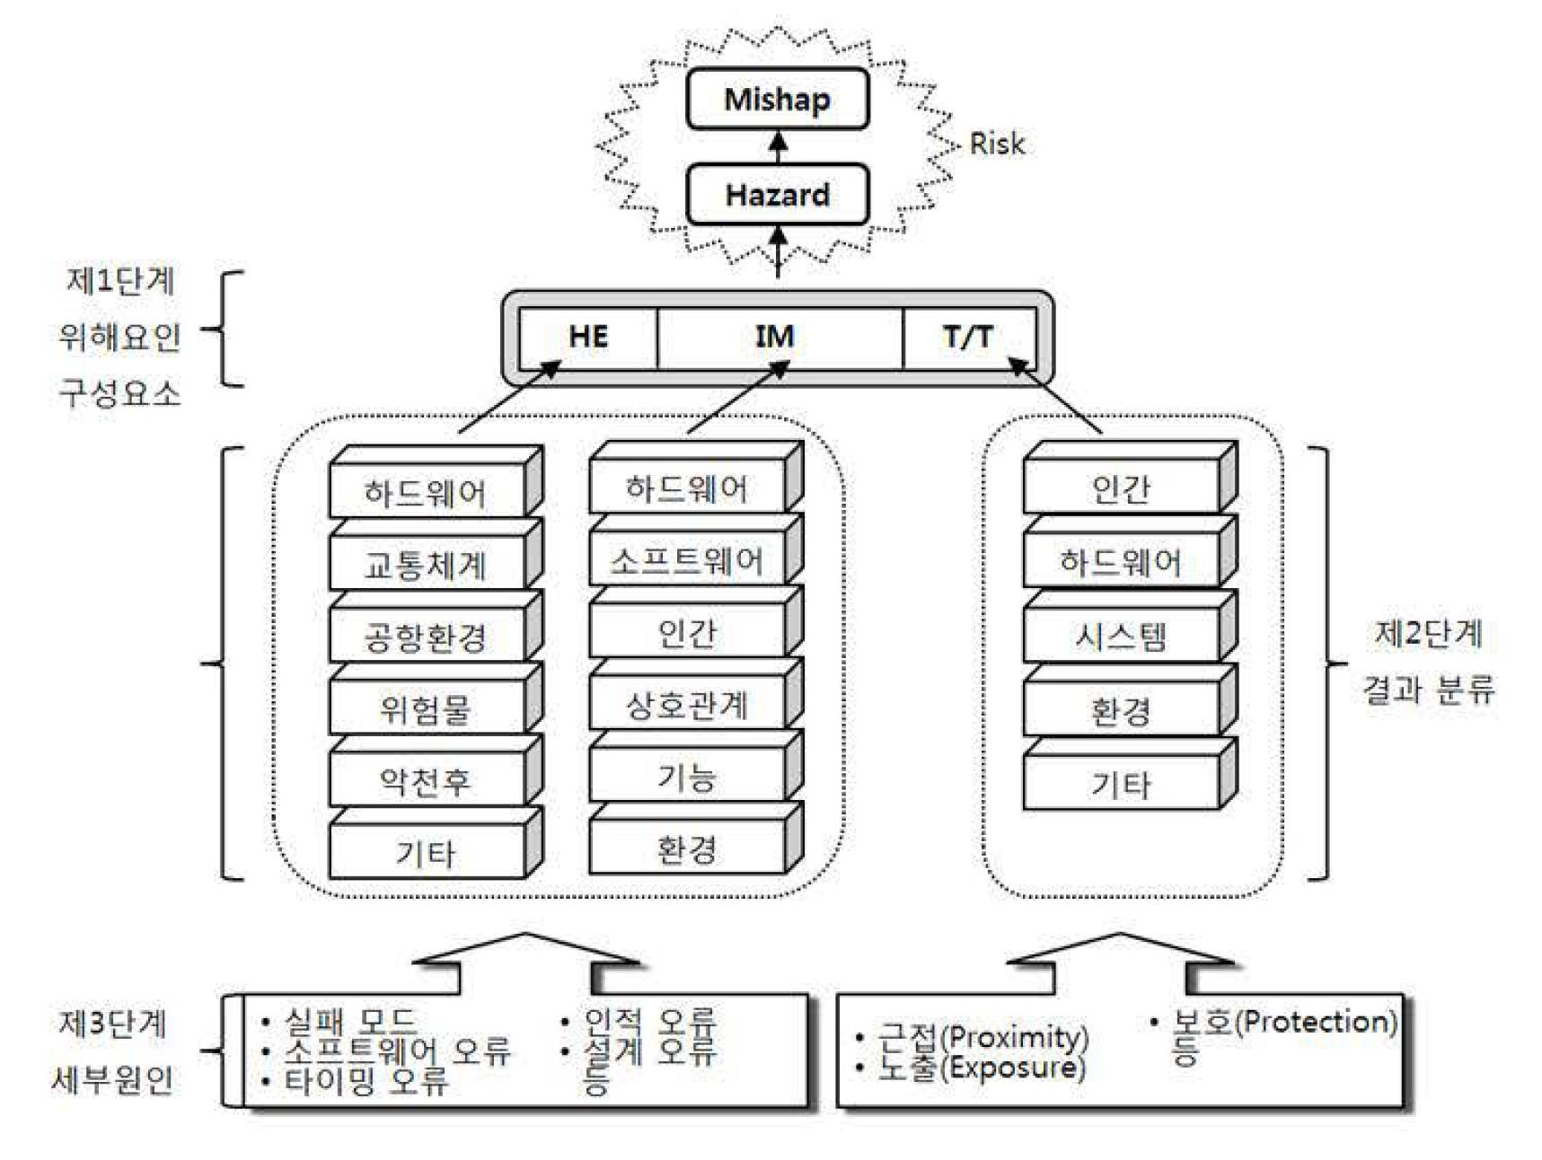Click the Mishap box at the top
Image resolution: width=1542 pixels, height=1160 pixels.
(x=777, y=99)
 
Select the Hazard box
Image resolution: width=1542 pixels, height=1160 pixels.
(x=777, y=195)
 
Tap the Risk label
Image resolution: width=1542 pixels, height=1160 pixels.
(x=997, y=144)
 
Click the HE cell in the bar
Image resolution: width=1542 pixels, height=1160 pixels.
(x=588, y=337)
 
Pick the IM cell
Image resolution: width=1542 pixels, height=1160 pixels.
(x=775, y=337)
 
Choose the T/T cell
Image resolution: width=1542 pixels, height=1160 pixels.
(x=968, y=337)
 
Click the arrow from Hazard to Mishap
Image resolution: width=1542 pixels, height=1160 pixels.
(x=779, y=147)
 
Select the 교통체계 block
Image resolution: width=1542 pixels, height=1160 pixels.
(x=426, y=565)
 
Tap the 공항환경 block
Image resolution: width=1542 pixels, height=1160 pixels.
(x=426, y=637)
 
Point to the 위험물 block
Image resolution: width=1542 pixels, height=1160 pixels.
(x=426, y=708)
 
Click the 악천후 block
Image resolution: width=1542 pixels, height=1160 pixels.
(x=426, y=780)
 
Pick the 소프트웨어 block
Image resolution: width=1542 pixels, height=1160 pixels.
(x=687, y=561)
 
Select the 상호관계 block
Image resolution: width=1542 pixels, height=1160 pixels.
(x=687, y=705)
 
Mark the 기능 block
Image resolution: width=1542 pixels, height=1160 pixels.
(x=687, y=777)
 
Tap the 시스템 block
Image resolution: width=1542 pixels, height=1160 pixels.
(x=1121, y=637)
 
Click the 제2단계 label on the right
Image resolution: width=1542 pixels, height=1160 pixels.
(x=1428, y=634)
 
